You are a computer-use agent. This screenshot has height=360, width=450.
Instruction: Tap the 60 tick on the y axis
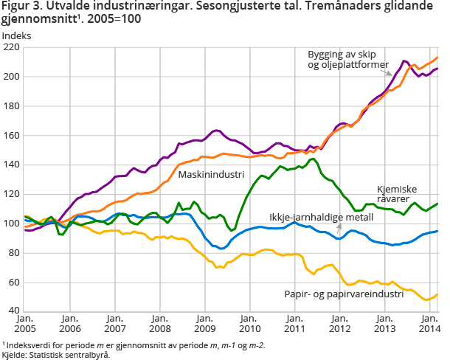point(13,283)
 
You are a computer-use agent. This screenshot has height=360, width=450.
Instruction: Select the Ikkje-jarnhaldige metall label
point(321,218)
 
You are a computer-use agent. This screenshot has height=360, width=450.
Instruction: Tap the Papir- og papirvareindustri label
point(344,294)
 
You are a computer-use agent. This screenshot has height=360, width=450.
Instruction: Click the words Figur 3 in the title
point(20,7)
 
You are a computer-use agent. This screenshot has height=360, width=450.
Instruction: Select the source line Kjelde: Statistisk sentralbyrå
point(56,354)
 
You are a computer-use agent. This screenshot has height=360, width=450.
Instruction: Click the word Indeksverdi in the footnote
point(27,345)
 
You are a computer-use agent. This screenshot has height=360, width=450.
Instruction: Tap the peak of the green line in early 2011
point(313,159)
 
